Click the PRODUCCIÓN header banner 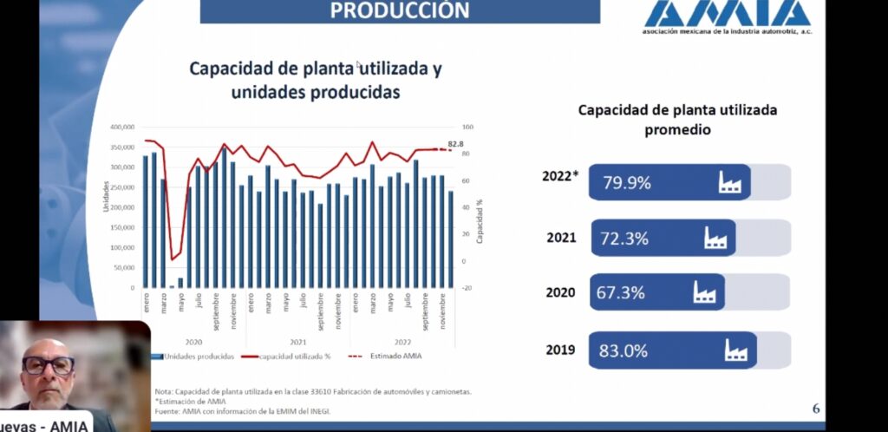pyautogui.click(x=400, y=10)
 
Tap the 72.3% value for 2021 pyautogui.click(x=624, y=238)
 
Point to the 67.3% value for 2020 pyautogui.click(x=621, y=292)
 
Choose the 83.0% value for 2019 pyautogui.click(x=624, y=350)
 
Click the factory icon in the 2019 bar pyautogui.click(x=737, y=350)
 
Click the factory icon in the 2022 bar pyautogui.click(x=730, y=182)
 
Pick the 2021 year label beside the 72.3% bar pyautogui.click(x=561, y=238)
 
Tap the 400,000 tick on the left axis pyautogui.click(x=121, y=127)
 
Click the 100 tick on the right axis pyautogui.click(x=467, y=127)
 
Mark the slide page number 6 pyautogui.click(x=815, y=409)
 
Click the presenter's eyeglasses pyautogui.click(x=49, y=365)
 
